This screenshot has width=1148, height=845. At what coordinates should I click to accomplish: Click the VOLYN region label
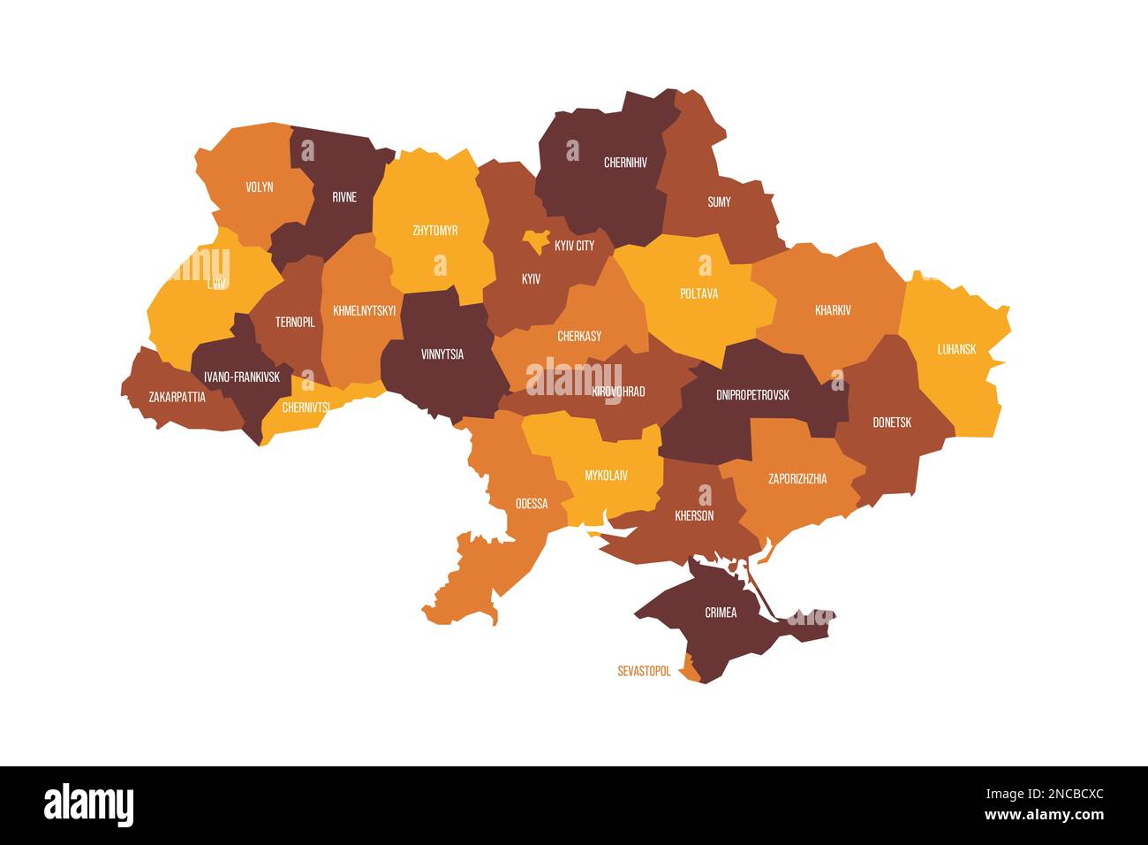259,187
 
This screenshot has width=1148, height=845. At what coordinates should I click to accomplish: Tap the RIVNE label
344,197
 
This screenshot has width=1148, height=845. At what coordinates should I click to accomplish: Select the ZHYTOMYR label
434,231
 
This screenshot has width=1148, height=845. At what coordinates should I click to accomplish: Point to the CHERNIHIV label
625,163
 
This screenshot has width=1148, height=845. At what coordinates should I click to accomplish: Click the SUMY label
719,202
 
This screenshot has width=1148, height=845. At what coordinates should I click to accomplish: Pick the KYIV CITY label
574,246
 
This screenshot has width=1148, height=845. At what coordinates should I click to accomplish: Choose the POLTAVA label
699,293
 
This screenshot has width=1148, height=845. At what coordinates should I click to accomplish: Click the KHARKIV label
833,311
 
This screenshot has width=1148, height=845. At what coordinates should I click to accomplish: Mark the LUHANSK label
956,349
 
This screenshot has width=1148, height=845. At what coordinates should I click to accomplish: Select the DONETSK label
892,422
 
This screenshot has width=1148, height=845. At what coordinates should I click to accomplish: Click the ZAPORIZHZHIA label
797,479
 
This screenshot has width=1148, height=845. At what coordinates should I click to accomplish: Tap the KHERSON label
694,515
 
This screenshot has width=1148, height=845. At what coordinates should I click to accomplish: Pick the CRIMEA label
721,613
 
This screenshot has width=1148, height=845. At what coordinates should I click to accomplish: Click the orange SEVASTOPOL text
644,672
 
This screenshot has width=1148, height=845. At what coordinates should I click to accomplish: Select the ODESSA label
532,505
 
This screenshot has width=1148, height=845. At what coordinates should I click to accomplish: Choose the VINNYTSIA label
442,354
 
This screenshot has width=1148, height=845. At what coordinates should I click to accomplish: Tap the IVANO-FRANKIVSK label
241,377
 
